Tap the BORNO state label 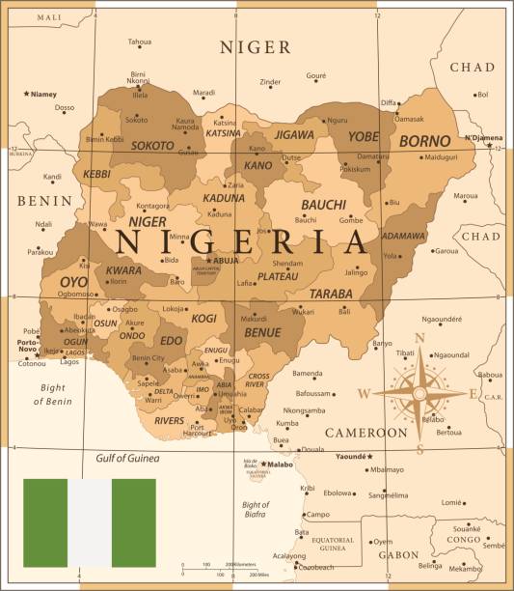(424, 141)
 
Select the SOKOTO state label (152, 146)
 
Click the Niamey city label (42, 95)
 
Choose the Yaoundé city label (352, 456)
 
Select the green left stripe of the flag (45, 522)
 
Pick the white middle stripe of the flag (90, 522)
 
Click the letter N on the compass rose (419, 338)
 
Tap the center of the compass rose (419, 393)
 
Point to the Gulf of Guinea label (127, 459)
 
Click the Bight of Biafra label (256, 510)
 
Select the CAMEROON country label (365, 433)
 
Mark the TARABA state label (330, 294)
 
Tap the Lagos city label (68, 362)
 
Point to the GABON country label (398, 555)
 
